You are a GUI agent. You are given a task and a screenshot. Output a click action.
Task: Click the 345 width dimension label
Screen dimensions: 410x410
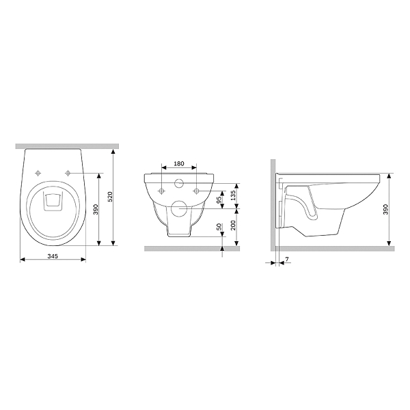[53, 256]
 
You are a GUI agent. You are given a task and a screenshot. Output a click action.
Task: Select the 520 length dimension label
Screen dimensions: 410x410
[110, 197]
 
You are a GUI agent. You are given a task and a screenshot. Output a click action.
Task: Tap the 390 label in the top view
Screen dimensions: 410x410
[96, 210]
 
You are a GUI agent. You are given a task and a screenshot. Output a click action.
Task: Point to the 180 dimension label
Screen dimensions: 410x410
[179, 164]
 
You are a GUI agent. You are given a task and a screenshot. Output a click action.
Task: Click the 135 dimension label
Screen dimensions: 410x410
[233, 195]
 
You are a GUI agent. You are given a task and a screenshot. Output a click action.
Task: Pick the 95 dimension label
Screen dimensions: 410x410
[219, 200]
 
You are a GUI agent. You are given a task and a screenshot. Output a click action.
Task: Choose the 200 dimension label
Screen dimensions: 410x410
[233, 225]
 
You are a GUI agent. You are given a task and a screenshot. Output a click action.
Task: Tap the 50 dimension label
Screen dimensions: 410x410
[219, 226]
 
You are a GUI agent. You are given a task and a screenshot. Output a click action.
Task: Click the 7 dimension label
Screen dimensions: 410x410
[287, 259]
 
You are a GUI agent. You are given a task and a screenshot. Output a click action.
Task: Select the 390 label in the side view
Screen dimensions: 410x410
[385, 209]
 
